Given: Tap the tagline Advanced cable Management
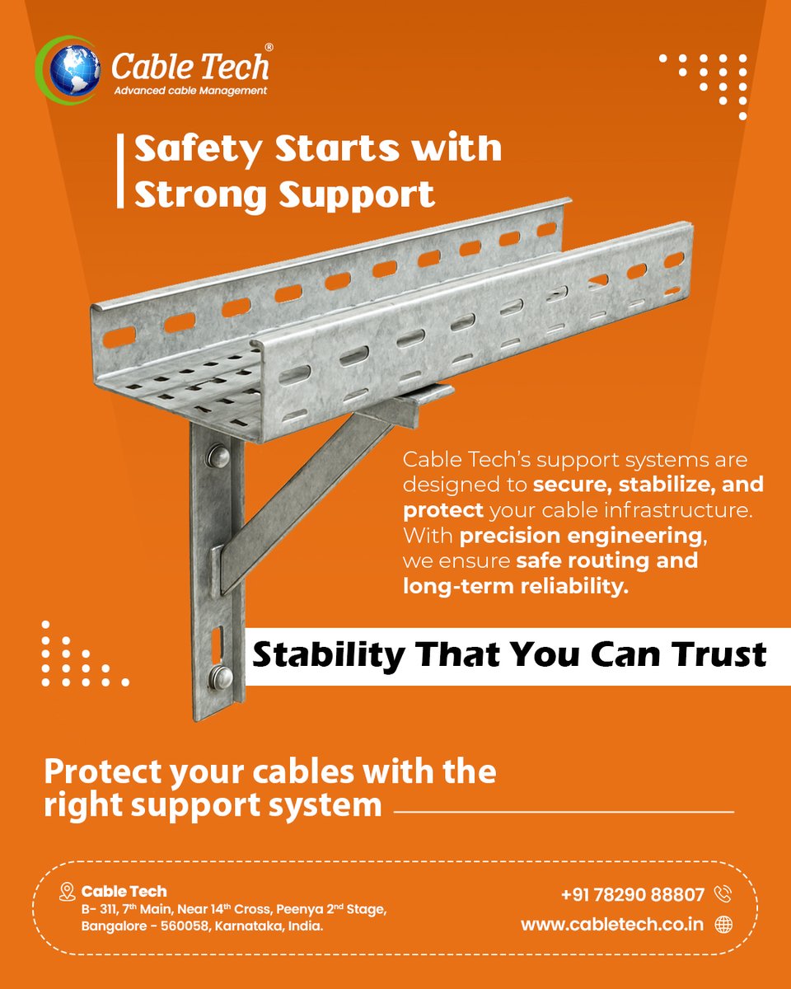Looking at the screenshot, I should click(190, 91).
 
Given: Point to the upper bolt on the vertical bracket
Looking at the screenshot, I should click(218, 454).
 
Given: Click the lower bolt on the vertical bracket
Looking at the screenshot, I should click(222, 677).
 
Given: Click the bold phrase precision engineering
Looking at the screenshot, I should click(581, 536).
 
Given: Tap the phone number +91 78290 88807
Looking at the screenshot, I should click(632, 895).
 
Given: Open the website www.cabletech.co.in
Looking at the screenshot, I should click(612, 924).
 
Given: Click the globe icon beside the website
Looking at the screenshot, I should click(723, 925).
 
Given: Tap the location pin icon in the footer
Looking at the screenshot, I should click(68, 892).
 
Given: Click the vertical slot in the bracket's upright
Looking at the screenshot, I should click(217, 640).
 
